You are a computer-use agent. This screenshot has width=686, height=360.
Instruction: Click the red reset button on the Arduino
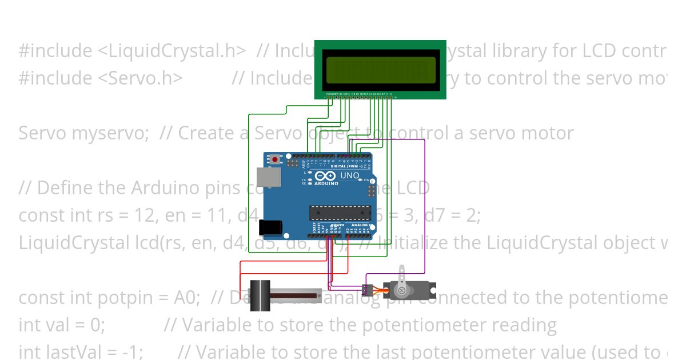click(x=276, y=159)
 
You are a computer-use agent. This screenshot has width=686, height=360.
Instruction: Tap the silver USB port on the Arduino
click(x=265, y=177)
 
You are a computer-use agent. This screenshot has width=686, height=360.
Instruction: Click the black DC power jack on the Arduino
click(x=270, y=228)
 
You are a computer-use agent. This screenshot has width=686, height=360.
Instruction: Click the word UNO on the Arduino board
click(x=349, y=175)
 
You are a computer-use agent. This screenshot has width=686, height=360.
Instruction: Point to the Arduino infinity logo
click(x=324, y=177)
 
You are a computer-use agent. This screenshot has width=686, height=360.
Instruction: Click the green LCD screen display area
click(x=380, y=70)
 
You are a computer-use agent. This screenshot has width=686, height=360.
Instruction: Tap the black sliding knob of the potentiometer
click(x=261, y=295)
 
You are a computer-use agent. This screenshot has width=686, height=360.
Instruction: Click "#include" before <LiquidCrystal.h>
click(x=55, y=51)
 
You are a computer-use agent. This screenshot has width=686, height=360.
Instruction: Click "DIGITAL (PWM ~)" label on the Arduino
click(x=346, y=166)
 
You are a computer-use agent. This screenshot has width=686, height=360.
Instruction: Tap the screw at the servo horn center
click(x=402, y=290)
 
